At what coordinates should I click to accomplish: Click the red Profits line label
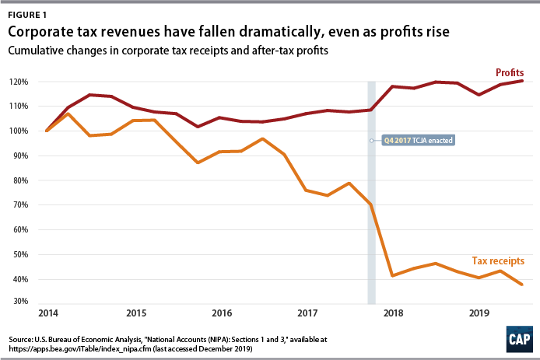(510, 72)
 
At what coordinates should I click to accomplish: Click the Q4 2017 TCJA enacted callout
(416, 141)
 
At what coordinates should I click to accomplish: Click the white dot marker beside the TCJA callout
(371, 141)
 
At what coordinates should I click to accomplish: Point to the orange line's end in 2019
(521, 285)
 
